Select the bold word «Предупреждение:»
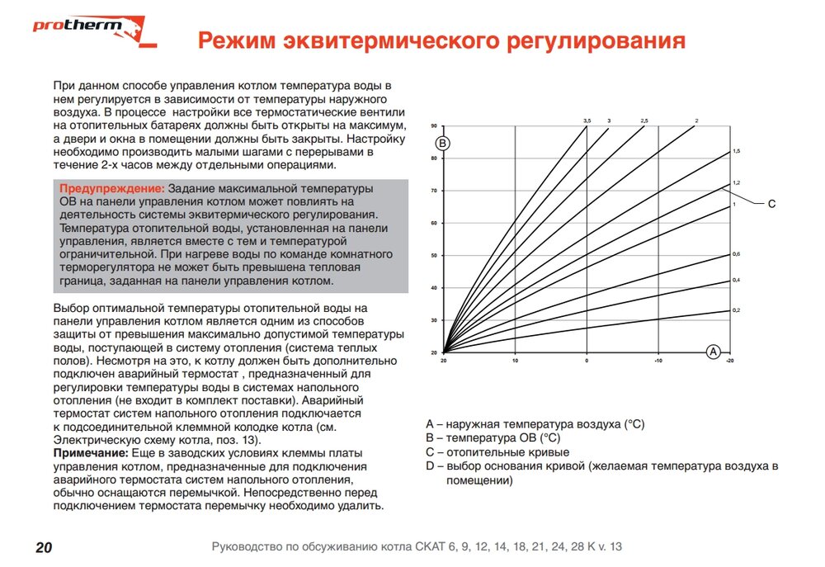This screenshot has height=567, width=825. click(111, 189)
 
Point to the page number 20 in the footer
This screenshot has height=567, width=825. click(44, 547)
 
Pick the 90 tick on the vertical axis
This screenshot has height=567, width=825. click(433, 126)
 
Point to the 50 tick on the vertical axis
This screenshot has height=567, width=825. click(433, 255)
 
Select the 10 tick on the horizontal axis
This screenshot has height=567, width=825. click(515, 361)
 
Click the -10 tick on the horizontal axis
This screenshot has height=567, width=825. click(658, 361)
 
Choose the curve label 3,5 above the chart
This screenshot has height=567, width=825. click(587, 121)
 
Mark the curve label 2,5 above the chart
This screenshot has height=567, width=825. click(644, 121)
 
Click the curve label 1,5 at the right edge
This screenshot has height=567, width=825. click(737, 152)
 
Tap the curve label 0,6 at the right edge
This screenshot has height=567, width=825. click(737, 253)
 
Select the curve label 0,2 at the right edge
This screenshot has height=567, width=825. click(737, 309)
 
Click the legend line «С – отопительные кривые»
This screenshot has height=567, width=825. click(497, 452)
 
